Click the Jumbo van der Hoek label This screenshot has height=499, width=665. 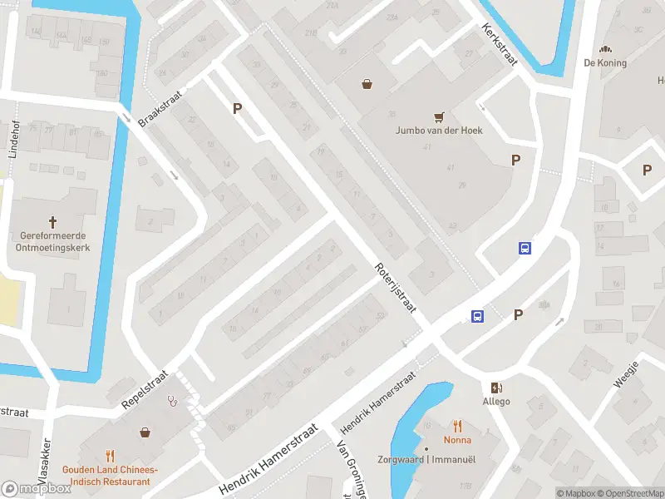pos(439,131)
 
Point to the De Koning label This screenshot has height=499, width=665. pos(605,63)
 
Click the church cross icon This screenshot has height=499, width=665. pos(53,222)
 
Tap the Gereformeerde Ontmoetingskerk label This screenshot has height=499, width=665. pos(53,240)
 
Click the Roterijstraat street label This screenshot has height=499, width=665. pos(394,288)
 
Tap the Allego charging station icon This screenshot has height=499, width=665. pos(497,388)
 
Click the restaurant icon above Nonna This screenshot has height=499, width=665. pos(457,426)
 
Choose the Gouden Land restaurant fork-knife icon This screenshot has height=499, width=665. pos(111,455)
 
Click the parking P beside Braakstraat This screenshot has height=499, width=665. pos(238,109)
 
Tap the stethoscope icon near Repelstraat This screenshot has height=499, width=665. pos(174,399)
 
